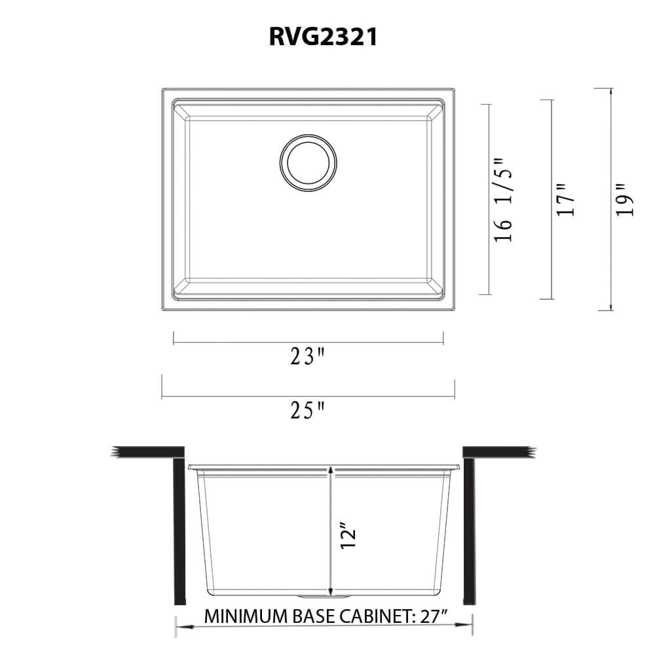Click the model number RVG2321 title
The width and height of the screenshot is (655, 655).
(323, 38)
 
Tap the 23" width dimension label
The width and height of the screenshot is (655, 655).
(308, 357)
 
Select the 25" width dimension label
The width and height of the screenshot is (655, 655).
(308, 411)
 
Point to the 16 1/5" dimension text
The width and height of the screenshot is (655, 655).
(504, 200)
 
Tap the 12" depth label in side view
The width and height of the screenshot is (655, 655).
(349, 534)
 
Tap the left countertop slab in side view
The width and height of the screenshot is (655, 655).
(147, 452)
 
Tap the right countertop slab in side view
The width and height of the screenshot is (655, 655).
(499, 452)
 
